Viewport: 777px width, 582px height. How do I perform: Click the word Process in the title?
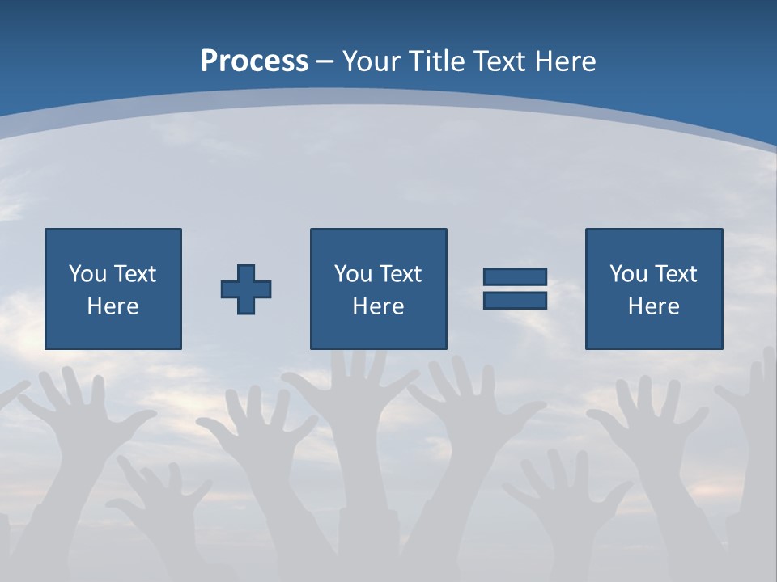point(254,61)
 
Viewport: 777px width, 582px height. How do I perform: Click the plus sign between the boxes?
point(246,289)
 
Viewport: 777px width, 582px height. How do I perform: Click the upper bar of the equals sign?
point(515,277)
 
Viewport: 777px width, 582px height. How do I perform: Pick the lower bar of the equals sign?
point(515,300)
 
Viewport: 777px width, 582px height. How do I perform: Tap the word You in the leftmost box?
point(87,274)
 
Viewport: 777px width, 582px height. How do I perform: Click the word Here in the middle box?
point(378,306)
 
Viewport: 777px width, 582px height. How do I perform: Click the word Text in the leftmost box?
point(134,274)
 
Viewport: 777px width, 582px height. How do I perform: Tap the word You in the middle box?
point(353,274)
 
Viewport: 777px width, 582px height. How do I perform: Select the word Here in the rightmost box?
point(654,306)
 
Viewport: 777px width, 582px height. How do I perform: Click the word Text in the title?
point(500,61)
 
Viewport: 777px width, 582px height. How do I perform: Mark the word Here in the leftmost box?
point(113,306)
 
